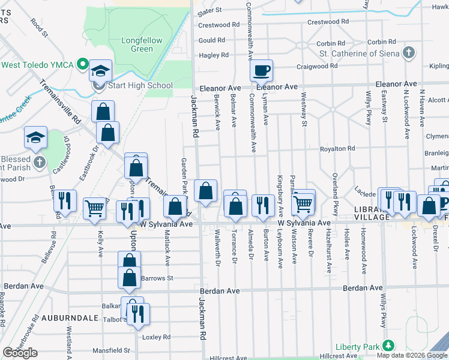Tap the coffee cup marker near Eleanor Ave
(x=261, y=71)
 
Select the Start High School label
(x=140, y=85)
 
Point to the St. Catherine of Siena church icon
(x=409, y=52)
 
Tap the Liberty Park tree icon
(x=389, y=346)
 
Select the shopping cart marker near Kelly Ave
(x=95, y=209)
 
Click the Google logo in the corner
(x=20, y=353)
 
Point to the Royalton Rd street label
(x=337, y=148)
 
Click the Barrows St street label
(x=157, y=278)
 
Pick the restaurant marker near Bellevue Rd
(x=65, y=201)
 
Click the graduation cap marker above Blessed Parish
(x=36, y=137)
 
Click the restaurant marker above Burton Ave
(x=263, y=206)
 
